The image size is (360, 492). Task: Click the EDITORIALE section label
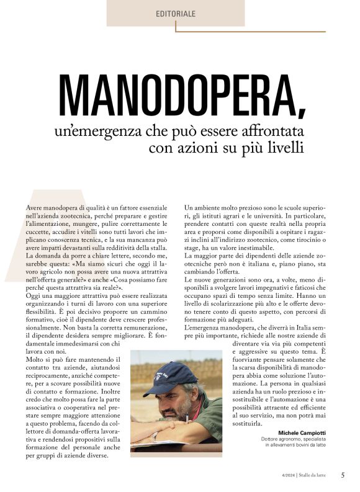point(176,13)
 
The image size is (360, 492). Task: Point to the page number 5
point(343,475)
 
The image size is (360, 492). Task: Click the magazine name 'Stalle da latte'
point(316,476)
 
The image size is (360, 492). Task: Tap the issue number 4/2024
point(287,476)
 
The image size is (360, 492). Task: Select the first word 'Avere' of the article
point(35,206)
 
